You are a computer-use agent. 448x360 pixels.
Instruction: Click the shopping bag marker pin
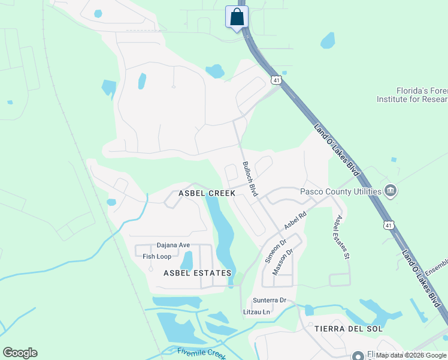click(x=237, y=17)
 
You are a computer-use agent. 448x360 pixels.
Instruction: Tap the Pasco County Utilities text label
click(x=341, y=191)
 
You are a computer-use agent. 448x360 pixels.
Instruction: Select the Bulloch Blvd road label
click(x=250, y=178)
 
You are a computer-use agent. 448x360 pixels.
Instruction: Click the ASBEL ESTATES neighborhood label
click(x=197, y=273)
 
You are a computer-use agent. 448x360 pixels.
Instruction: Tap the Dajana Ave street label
click(x=173, y=245)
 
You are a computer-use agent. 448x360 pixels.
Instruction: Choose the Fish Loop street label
click(x=157, y=256)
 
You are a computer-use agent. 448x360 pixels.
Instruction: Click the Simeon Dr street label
click(x=273, y=251)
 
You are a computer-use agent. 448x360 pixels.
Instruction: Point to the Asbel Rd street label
click(x=295, y=220)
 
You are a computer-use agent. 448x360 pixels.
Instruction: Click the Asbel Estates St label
click(x=342, y=236)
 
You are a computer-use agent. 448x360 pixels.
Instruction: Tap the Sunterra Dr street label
click(x=270, y=300)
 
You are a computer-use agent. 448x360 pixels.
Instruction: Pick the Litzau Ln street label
click(x=257, y=312)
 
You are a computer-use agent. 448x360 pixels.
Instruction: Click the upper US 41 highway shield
click(x=276, y=80)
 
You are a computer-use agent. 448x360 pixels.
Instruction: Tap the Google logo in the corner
click(x=20, y=353)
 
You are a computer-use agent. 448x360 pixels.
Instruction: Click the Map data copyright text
click(x=411, y=355)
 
